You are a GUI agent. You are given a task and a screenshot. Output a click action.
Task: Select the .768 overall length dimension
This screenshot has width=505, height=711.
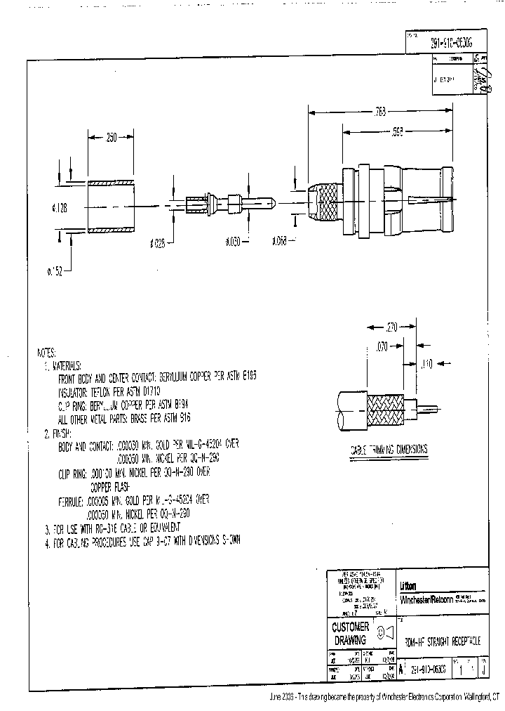pyautogui.click(x=382, y=111)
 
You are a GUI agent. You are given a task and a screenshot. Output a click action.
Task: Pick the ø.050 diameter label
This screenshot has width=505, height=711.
pyautogui.click(x=233, y=242)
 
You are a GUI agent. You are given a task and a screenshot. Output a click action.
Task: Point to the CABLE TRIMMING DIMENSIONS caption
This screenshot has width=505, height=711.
pyautogui.click(x=389, y=450)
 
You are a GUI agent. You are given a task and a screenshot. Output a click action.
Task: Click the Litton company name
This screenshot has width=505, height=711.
pyautogui.click(x=408, y=586)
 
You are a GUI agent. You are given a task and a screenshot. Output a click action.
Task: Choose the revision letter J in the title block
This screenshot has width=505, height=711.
pyautogui.click(x=483, y=670)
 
